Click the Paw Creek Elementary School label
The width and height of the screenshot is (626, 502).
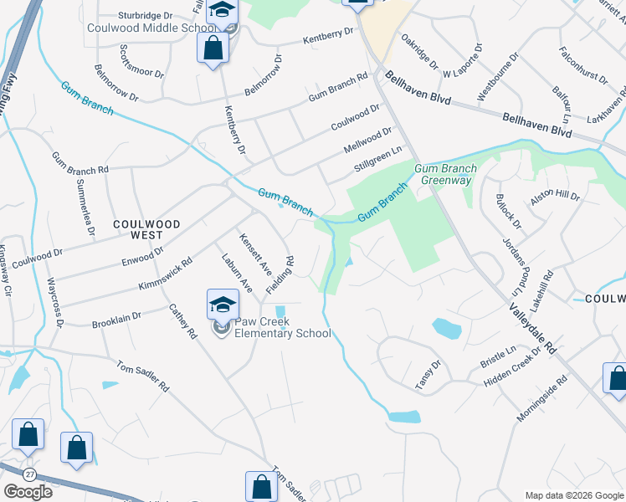coord(282,327)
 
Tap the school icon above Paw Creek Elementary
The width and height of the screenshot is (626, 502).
coord(223,303)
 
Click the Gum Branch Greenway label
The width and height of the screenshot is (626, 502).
coord(449,174)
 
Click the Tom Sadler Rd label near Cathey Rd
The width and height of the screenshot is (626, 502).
coord(142,376)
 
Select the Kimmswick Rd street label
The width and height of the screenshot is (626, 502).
coord(166,273)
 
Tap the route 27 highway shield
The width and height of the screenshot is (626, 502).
coord(30,474)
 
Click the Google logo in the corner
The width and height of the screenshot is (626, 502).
coord(28,492)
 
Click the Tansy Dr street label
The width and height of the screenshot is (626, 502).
coord(428,375)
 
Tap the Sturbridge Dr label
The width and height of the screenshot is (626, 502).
coord(145,14)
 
